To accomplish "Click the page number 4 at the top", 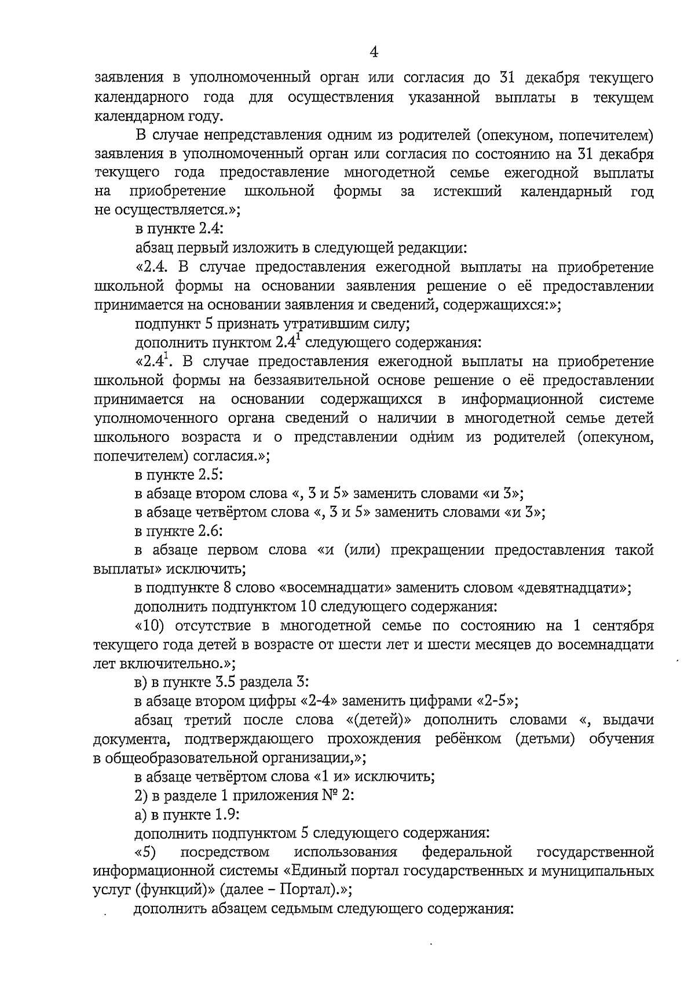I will (x=374, y=52).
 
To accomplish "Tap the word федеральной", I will (x=467, y=852).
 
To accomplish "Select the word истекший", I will (x=468, y=192).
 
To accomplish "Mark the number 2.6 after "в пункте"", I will (x=210, y=531).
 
